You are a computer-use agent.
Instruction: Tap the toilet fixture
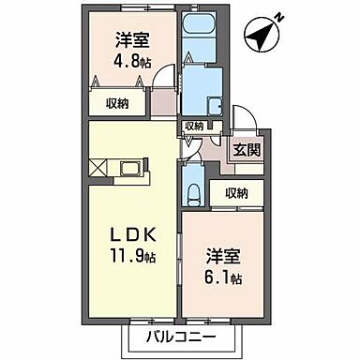pyautogui.click(x=192, y=193)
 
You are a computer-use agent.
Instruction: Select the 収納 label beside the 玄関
pyautogui.click(x=236, y=193)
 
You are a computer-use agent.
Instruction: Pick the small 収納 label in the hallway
pyautogui.click(x=194, y=126)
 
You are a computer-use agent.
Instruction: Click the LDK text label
pyautogui.click(x=130, y=232)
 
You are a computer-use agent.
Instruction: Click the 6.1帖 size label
pyautogui.click(x=225, y=278)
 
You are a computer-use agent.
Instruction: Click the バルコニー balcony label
pyautogui.click(x=180, y=337)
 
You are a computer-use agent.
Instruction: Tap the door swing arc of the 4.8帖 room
pyautogui.click(x=163, y=79)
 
